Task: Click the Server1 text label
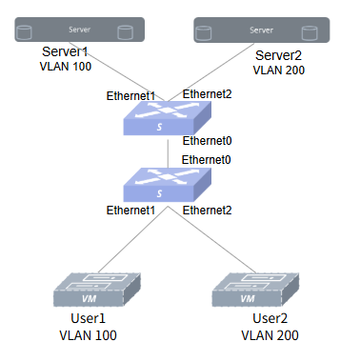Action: [65, 51]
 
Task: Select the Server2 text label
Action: [278, 55]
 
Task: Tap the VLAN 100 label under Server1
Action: [66, 67]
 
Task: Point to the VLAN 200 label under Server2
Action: [279, 70]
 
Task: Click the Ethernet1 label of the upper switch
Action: [130, 96]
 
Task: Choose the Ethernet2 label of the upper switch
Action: [207, 94]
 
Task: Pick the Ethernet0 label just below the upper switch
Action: [207, 141]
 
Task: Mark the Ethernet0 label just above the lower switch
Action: [206, 160]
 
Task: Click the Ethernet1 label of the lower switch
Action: [130, 211]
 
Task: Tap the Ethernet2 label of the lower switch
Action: [207, 211]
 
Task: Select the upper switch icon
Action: [168, 118]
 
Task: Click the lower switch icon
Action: [168, 185]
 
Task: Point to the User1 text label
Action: [88, 318]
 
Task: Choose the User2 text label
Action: [270, 318]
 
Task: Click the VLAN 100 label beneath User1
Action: [88, 335]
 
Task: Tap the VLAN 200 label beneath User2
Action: [270, 335]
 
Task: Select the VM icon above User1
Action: [97, 290]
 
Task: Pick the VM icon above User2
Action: [255, 290]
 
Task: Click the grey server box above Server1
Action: [80, 30]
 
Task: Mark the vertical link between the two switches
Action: [168, 153]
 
